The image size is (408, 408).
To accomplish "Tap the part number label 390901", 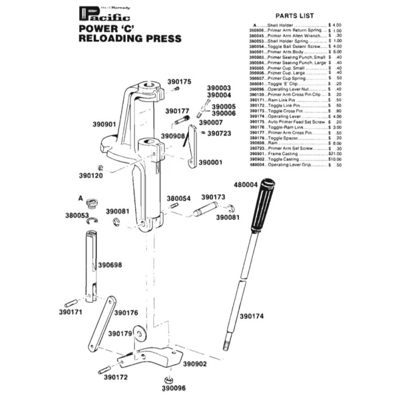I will click(x=104, y=124).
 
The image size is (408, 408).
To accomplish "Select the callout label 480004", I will click(x=246, y=185).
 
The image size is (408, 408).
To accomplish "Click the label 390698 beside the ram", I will click(x=110, y=265).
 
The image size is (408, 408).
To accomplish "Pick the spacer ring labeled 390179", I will click(x=139, y=333).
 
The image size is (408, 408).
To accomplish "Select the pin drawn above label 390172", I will click(x=105, y=369).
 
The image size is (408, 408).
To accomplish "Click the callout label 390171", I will click(x=72, y=312).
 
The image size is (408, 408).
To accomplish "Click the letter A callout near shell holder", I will click(x=80, y=198).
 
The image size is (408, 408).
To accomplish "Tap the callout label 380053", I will click(x=76, y=215).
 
